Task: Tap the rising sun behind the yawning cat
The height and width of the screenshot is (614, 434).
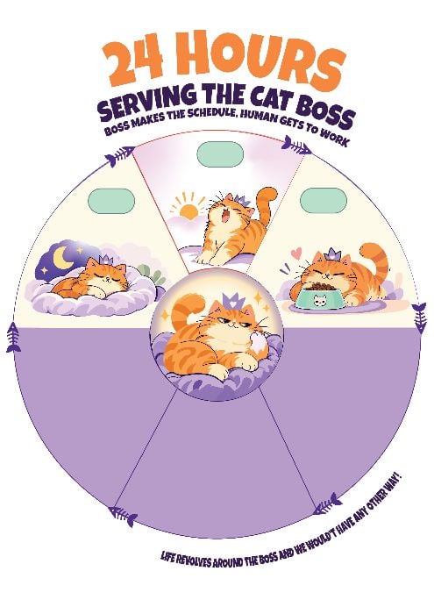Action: pyautogui.click(x=189, y=209)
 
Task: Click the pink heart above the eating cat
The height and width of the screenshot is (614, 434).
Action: pyautogui.click(x=298, y=251)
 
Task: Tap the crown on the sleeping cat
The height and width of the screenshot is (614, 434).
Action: pyautogui.click(x=105, y=260)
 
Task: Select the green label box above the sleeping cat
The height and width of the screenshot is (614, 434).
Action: pyautogui.click(x=111, y=201)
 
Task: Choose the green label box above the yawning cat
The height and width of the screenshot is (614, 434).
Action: pyautogui.click(x=220, y=154)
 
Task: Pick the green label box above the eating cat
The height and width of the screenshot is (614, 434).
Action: pyautogui.click(x=324, y=201)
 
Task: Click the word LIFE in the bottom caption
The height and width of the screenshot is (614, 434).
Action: pyautogui.click(x=168, y=556)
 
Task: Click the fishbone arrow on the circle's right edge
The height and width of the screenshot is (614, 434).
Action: pyautogui.click(x=420, y=318)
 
